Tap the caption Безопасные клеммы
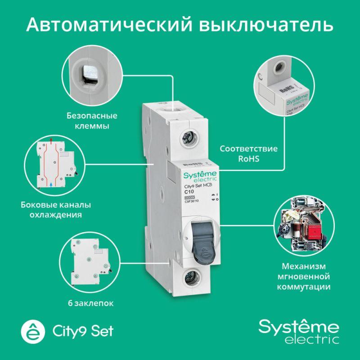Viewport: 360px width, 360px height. pyautogui.click(x=92, y=121)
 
